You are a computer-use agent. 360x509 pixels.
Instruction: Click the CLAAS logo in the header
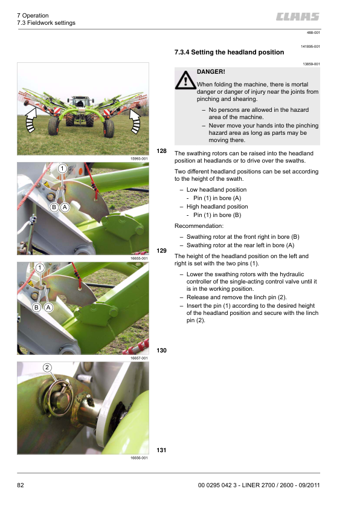tap(298, 16)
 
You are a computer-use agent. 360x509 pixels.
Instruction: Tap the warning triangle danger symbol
tap(185, 80)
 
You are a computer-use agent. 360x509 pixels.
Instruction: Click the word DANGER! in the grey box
tap(211, 72)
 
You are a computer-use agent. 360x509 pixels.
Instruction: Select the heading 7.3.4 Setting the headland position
tap(229, 52)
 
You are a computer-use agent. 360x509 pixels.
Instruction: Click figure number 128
tap(161, 151)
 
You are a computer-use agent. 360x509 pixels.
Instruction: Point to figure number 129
tap(161, 251)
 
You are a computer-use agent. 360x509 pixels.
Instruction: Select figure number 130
tap(161, 350)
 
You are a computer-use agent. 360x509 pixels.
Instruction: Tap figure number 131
tap(161, 450)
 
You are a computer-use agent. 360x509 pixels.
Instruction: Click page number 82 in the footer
tap(21, 485)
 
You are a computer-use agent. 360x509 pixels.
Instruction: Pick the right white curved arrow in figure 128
tap(135, 121)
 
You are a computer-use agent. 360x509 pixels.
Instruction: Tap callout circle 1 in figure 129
tap(62, 169)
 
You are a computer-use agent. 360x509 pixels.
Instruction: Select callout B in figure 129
tap(54, 207)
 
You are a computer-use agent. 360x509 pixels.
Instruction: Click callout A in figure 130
tap(48, 307)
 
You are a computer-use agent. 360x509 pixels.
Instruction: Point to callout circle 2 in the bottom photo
tap(47, 367)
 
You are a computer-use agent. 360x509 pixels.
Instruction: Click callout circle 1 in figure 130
tap(40, 268)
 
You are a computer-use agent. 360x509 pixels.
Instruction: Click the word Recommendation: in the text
tap(199, 226)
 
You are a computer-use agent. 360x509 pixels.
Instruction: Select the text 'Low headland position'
tap(216, 190)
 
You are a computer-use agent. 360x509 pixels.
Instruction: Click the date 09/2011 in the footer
tap(309, 485)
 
